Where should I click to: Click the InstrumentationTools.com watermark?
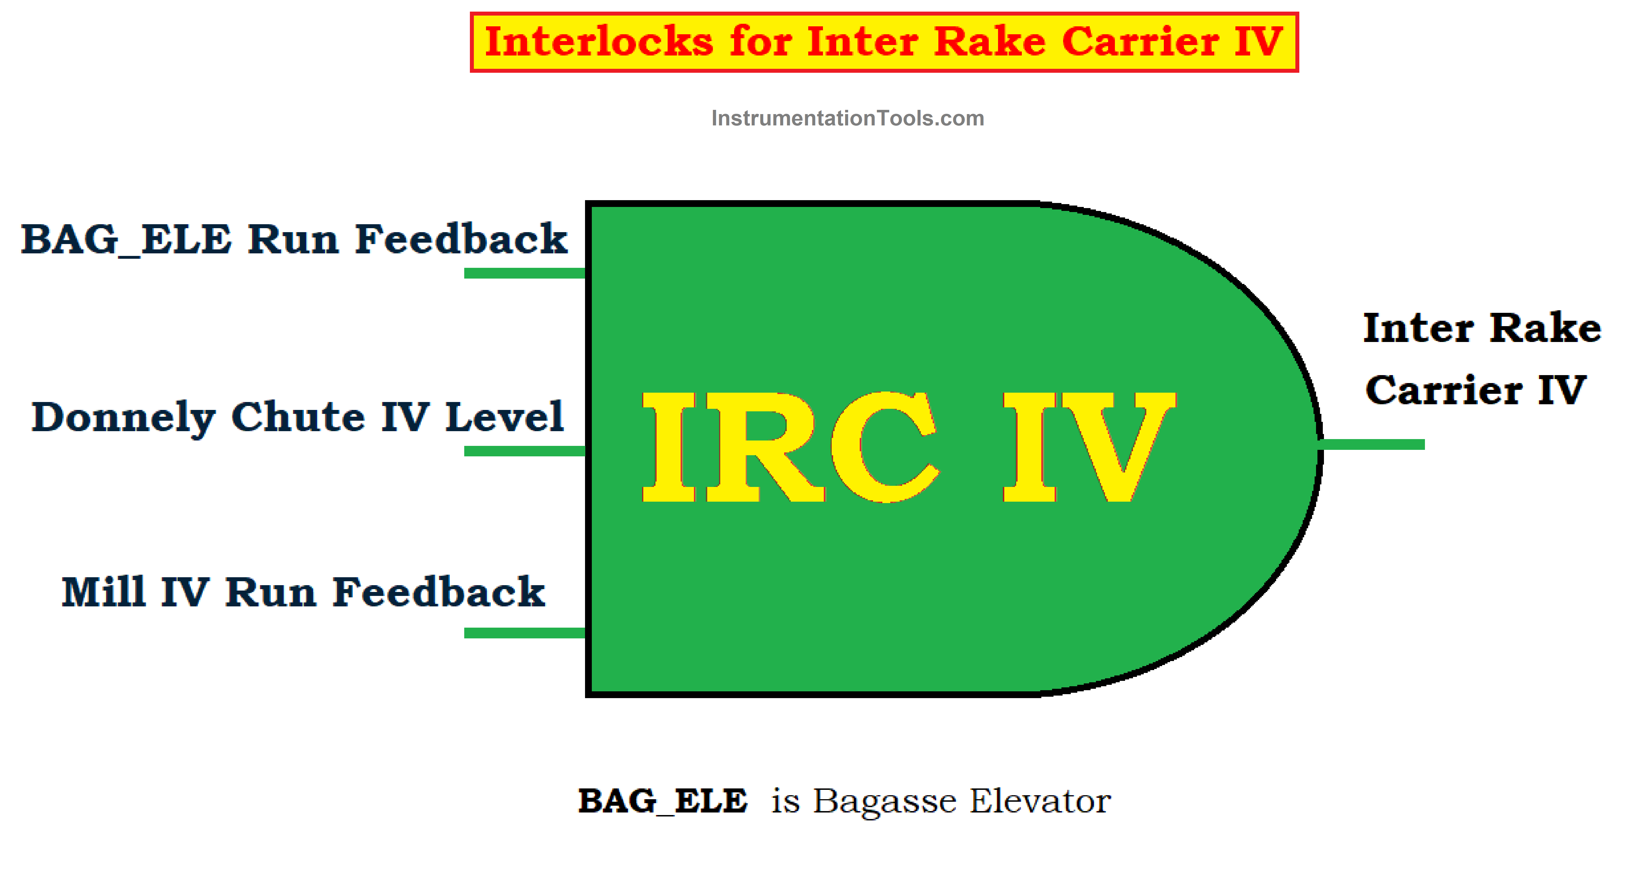click(x=848, y=118)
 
